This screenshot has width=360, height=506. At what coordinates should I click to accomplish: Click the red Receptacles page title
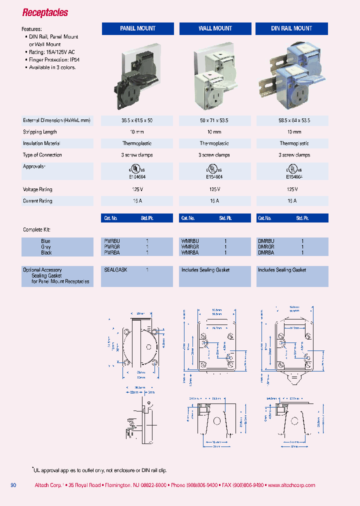tap(45, 13)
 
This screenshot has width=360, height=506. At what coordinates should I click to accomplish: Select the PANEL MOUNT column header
tap(137, 28)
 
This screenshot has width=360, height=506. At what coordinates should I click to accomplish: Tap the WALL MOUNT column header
tap(215, 28)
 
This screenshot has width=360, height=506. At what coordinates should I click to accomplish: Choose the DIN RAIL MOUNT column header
tap(291, 28)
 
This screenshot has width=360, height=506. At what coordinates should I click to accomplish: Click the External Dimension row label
tap(56, 120)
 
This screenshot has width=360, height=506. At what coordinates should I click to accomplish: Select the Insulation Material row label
tap(44, 143)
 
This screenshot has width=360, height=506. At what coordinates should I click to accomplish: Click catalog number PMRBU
tap(112, 241)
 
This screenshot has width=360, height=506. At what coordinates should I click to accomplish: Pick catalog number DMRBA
tap(265, 253)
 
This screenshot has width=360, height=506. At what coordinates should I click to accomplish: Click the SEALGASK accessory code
tap(115, 270)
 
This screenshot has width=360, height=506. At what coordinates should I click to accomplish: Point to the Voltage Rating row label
tap(37, 189)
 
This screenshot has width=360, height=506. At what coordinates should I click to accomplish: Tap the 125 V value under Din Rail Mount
tap(292, 189)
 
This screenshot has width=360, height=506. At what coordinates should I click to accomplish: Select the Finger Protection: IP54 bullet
tap(55, 59)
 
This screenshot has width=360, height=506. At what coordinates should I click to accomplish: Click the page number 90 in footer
tap(13, 485)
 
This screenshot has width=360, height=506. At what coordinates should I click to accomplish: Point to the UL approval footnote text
tap(100, 470)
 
